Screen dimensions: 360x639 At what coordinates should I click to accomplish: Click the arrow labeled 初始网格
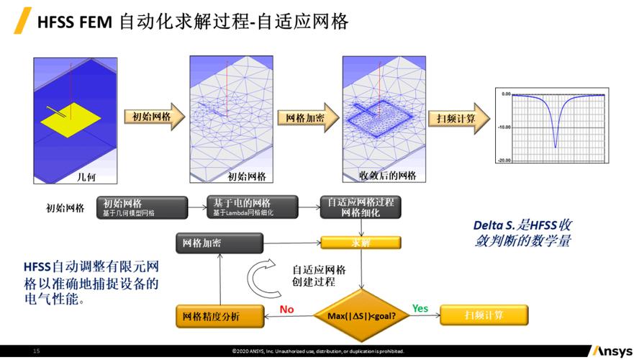148,117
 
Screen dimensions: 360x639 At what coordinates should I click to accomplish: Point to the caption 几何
86,175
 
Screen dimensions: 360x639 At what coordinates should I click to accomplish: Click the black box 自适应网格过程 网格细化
361,207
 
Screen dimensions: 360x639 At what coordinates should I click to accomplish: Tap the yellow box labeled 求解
360,243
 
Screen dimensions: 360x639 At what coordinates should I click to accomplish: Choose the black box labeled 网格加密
209,243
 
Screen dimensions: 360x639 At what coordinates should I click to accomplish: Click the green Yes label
420,309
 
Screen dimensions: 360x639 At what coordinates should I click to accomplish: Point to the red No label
287,309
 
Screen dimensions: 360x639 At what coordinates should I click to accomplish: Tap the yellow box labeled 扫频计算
484,315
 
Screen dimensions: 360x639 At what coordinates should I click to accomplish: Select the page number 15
36,351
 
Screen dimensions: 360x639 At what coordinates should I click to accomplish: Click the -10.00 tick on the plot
504,127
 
